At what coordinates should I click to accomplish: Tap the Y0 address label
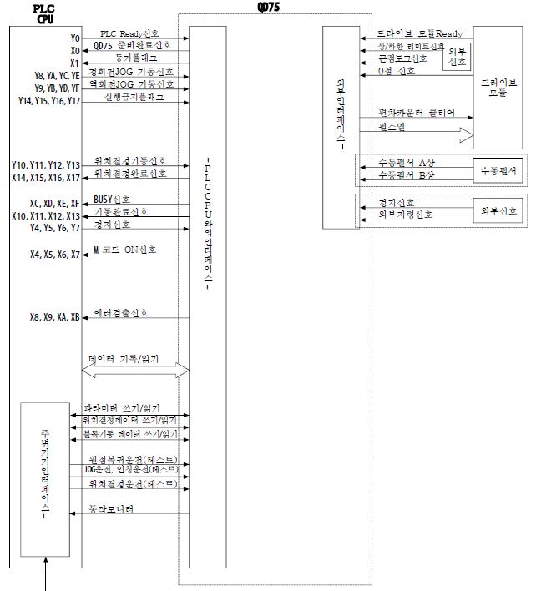(x=75, y=38)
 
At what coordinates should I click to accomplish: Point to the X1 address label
(x=75, y=62)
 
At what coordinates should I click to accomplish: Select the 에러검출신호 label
(x=121, y=313)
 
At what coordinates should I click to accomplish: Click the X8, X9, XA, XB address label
(x=54, y=317)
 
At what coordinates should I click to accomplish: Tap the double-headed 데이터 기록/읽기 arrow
(x=135, y=370)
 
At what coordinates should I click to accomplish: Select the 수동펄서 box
(x=498, y=170)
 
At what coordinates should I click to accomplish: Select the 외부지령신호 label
(x=406, y=215)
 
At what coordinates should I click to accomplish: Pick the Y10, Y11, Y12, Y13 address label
(x=46, y=165)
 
